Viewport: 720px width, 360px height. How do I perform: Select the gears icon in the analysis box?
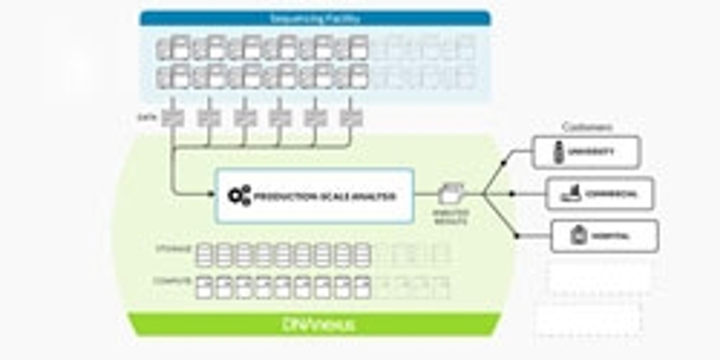click(x=239, y=196)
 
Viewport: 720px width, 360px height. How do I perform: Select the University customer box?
click(x=586, y=152)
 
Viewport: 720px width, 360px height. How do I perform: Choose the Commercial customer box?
click(x=599, y=194)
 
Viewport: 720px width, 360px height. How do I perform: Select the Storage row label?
click(x=173, y=249)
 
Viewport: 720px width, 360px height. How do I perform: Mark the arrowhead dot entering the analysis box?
click(x=211, y=194)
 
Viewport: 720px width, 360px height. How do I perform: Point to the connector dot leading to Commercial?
click(x=512, y=194)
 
